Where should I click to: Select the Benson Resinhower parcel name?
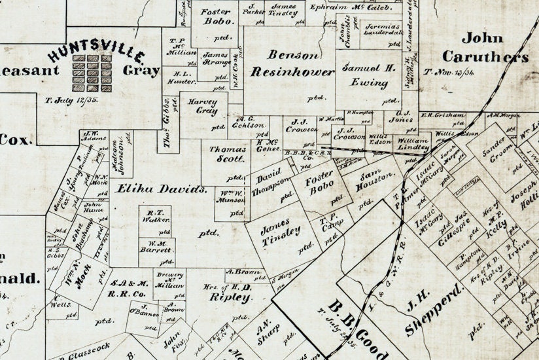(x=293, y=64)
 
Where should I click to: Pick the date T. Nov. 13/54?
(x=451, y=71)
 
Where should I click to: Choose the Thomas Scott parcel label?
(x=227, y=154)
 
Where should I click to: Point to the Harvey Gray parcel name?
(x=202, y=107)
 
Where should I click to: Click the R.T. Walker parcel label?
(x=155, y=216)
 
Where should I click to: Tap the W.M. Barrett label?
(x=156, y=248)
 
